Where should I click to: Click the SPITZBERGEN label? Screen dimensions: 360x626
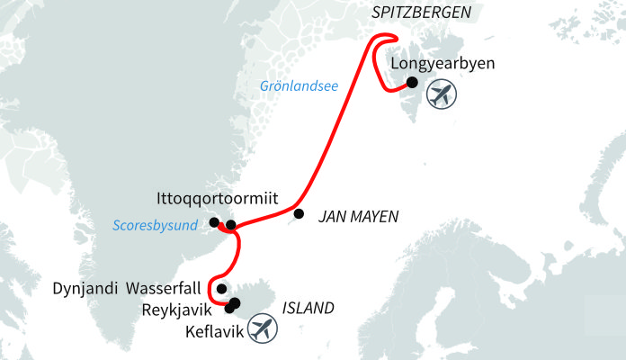[x=422, y=13]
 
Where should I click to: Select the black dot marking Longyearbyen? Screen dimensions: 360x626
[x=412, y=83]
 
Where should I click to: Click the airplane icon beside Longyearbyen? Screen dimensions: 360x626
[x=441, y=94]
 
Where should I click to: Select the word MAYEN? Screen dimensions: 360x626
[x=373, y=217]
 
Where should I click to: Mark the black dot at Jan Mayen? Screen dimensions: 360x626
[x=300, y=214]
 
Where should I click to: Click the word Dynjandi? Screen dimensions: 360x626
[x=84, y=290]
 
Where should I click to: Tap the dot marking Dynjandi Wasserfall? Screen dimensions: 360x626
[x=222, y=288]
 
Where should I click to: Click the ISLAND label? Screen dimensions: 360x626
[x=309, y=308]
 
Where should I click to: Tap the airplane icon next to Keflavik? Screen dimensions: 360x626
[x=261, y=328]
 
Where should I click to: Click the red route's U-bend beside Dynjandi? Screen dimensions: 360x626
[x=213, y=290]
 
